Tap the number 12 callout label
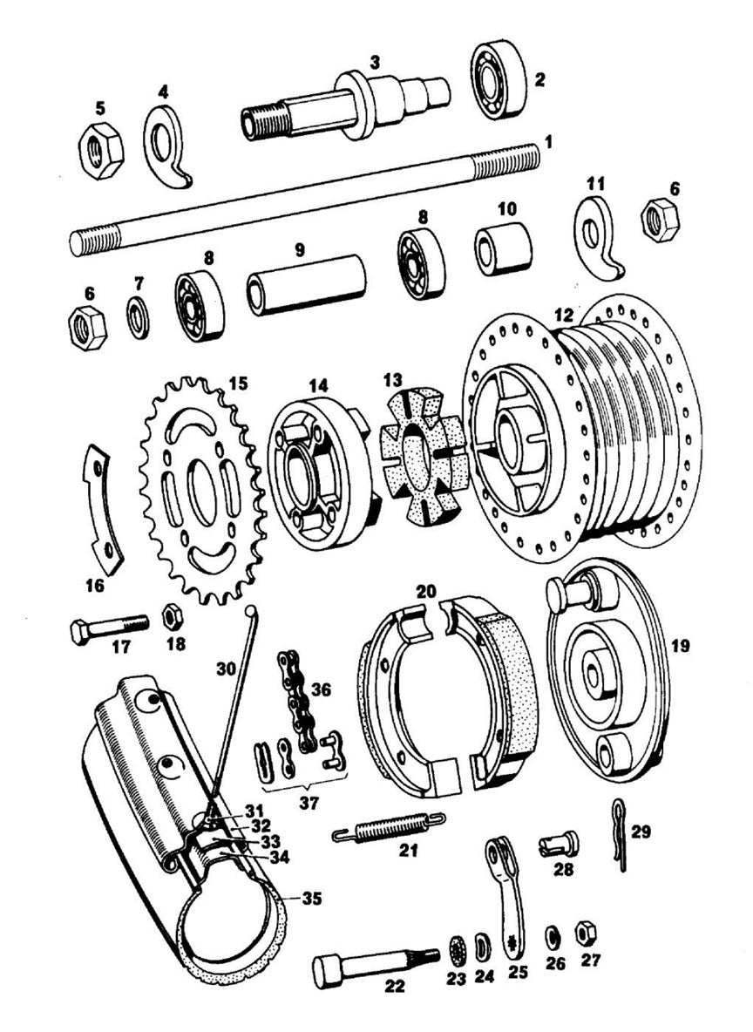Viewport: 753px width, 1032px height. tap(564, 313)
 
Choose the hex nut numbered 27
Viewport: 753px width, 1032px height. tap(586, 935)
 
